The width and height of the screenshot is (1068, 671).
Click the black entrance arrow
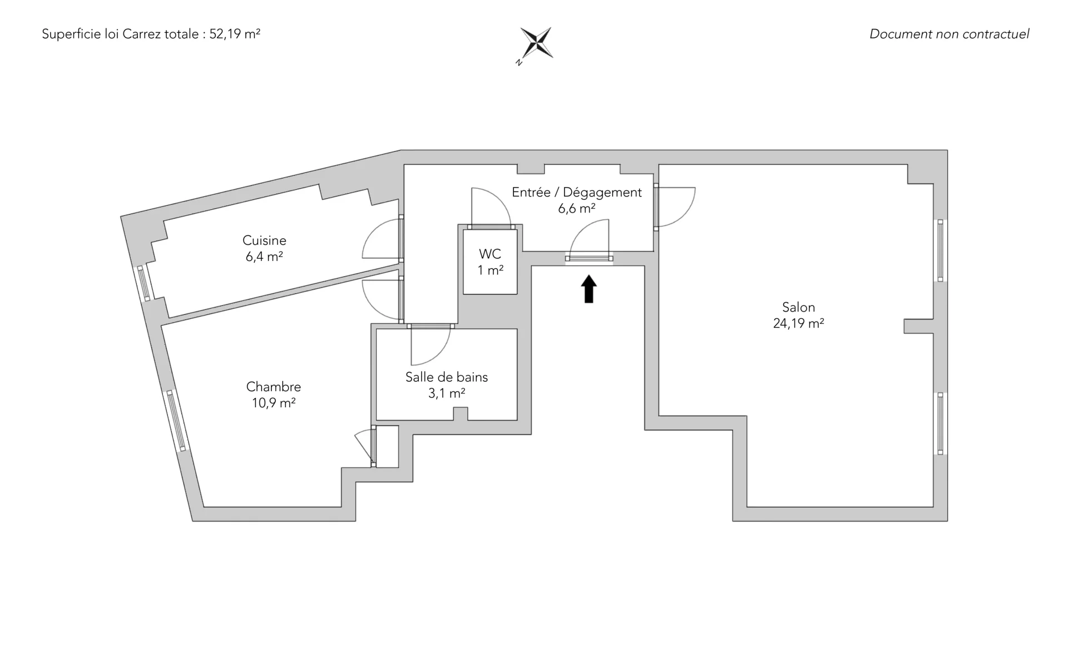tap(589, 289)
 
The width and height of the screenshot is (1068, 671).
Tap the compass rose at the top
tap(537, 43)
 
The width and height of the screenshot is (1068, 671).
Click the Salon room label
tap(798, 307)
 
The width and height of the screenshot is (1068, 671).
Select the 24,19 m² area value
tap(798, 323)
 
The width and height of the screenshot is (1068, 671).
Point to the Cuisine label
tap(264, 240)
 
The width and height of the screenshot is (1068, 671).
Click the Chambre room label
tap(273, 387)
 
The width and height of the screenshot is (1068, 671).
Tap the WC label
tap(490, 254)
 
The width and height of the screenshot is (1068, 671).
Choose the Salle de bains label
tap(447, 377)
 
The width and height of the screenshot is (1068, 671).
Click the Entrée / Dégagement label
tap(577, 193)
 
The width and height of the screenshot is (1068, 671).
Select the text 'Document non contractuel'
tap(949, 34)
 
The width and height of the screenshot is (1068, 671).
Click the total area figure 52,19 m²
tap(235, 34)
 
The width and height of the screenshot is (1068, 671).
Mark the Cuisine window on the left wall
tap(144, 284)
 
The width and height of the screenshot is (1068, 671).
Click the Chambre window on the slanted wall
tap(176, 421)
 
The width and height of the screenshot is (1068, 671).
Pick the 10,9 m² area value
tap(273, 403)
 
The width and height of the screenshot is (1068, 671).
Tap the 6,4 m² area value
tap(264, 256)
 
